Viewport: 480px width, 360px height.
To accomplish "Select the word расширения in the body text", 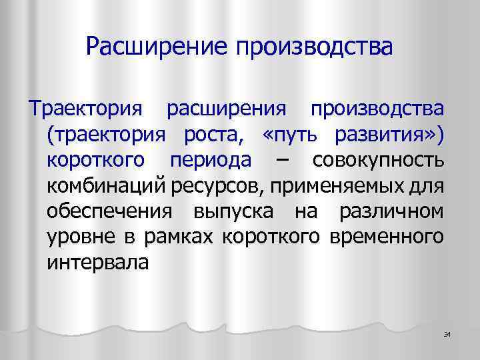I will tap(227, 109).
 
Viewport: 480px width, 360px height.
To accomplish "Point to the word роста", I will tap(211, 135).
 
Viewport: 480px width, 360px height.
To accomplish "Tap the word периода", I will tap(211, 161).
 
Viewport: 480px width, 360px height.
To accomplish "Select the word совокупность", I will tap(377, 161).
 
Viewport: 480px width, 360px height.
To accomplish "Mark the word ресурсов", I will tap(218, 187).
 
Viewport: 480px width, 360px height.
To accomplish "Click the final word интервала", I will tap(99, 263).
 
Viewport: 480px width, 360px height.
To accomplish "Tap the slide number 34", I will tap(447, 334).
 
